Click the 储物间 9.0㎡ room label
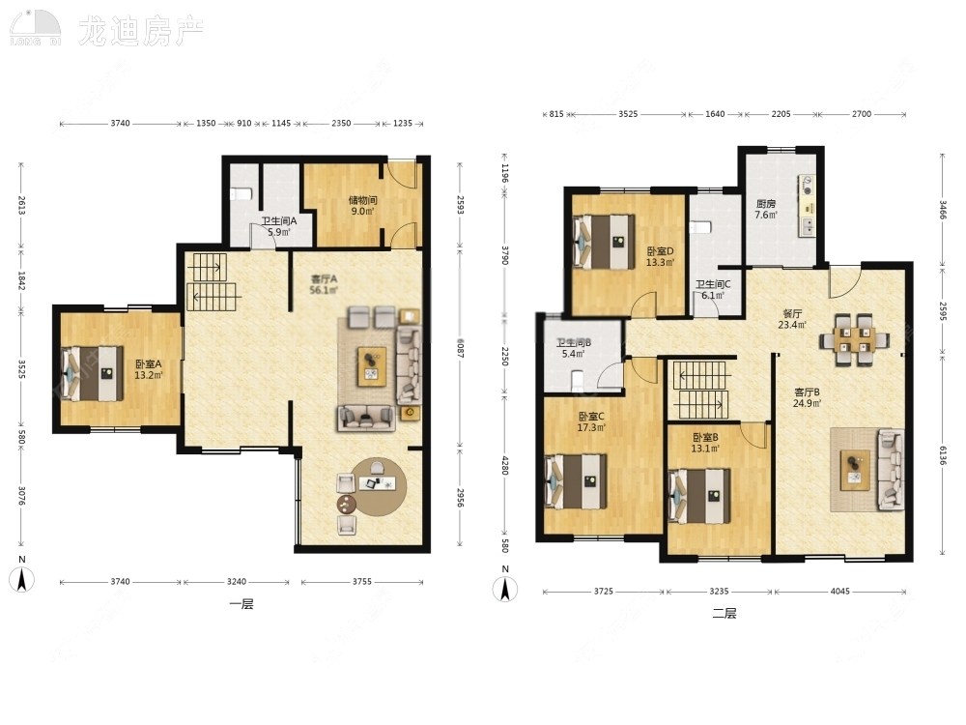(x=362, y=206)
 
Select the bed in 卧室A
(x=93, y=373)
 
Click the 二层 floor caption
(x=724, y=613)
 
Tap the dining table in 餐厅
(x=851, y=339)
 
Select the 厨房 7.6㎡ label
(x=766, y=209)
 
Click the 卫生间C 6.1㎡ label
(x=713, y=290)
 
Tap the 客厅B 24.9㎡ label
(x=807, y=397)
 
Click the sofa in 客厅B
(x=889, y=471)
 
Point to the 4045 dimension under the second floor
(x=839, y=591)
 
